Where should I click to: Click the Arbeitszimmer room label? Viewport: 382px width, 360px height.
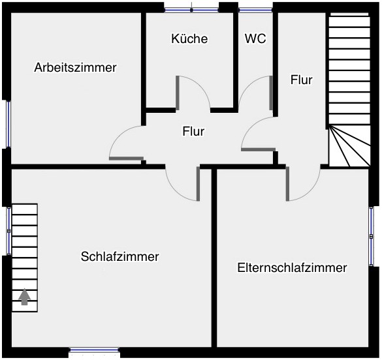point(75,67)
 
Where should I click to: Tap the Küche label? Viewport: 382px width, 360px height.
point(189,38)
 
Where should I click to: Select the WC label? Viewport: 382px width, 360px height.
point(255,38)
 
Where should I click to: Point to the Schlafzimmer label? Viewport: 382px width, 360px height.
point(120,256)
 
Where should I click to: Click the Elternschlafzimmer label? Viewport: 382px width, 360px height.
point(292,267)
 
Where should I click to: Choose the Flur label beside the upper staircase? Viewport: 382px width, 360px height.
point(302,80)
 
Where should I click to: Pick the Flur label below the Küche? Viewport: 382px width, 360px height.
point(193,131)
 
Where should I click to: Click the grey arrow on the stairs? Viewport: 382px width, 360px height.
point(24,297)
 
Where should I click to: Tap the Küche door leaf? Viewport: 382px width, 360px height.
point(178,93)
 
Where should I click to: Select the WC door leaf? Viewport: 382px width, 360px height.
point(271,93)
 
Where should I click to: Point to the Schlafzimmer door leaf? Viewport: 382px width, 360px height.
point(198,184)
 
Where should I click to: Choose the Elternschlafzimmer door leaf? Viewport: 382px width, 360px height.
point(287,184)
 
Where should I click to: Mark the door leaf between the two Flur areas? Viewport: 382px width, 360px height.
point(258,149)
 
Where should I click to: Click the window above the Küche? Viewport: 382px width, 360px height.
point(191,10)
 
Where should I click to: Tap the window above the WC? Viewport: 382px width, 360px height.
point(255,10)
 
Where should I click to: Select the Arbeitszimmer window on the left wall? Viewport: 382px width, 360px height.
point(8,125)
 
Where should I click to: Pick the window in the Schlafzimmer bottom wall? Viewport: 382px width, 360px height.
point(94,350)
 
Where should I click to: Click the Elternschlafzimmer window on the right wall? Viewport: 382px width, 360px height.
point(372,237)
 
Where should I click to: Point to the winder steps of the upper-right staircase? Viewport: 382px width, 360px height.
point(350,146)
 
